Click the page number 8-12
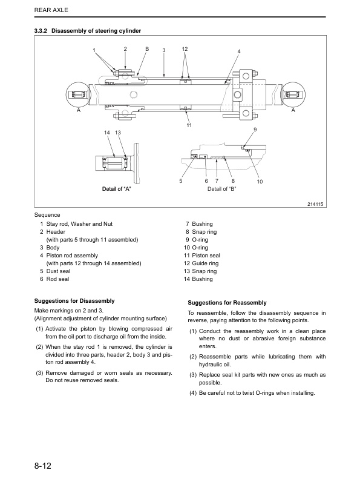43,466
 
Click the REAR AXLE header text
51,10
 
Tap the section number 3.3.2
41,31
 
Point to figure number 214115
315,204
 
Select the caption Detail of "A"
116,189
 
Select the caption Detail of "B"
221,189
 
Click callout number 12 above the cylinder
185,49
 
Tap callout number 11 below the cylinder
189,125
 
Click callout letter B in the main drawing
147,49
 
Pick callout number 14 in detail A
107,133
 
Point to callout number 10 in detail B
260,182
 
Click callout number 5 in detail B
181,181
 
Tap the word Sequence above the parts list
47,215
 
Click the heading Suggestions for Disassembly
74,301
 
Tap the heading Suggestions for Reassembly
227,303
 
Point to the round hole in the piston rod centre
134,94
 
